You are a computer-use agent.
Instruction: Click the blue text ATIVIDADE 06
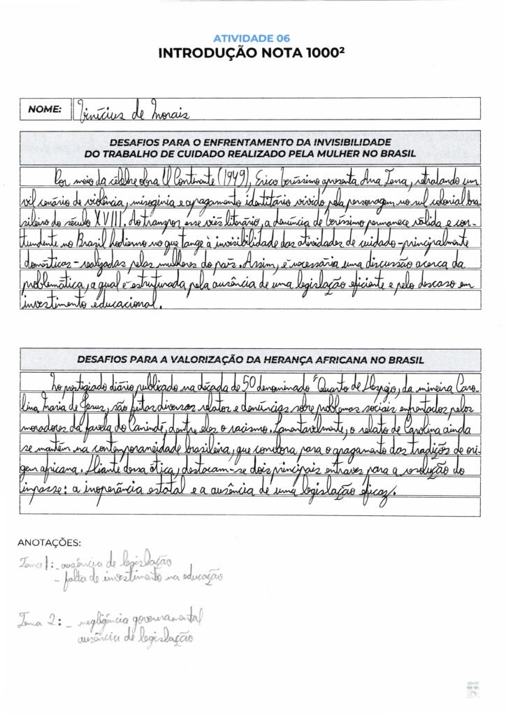pos(252,38)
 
